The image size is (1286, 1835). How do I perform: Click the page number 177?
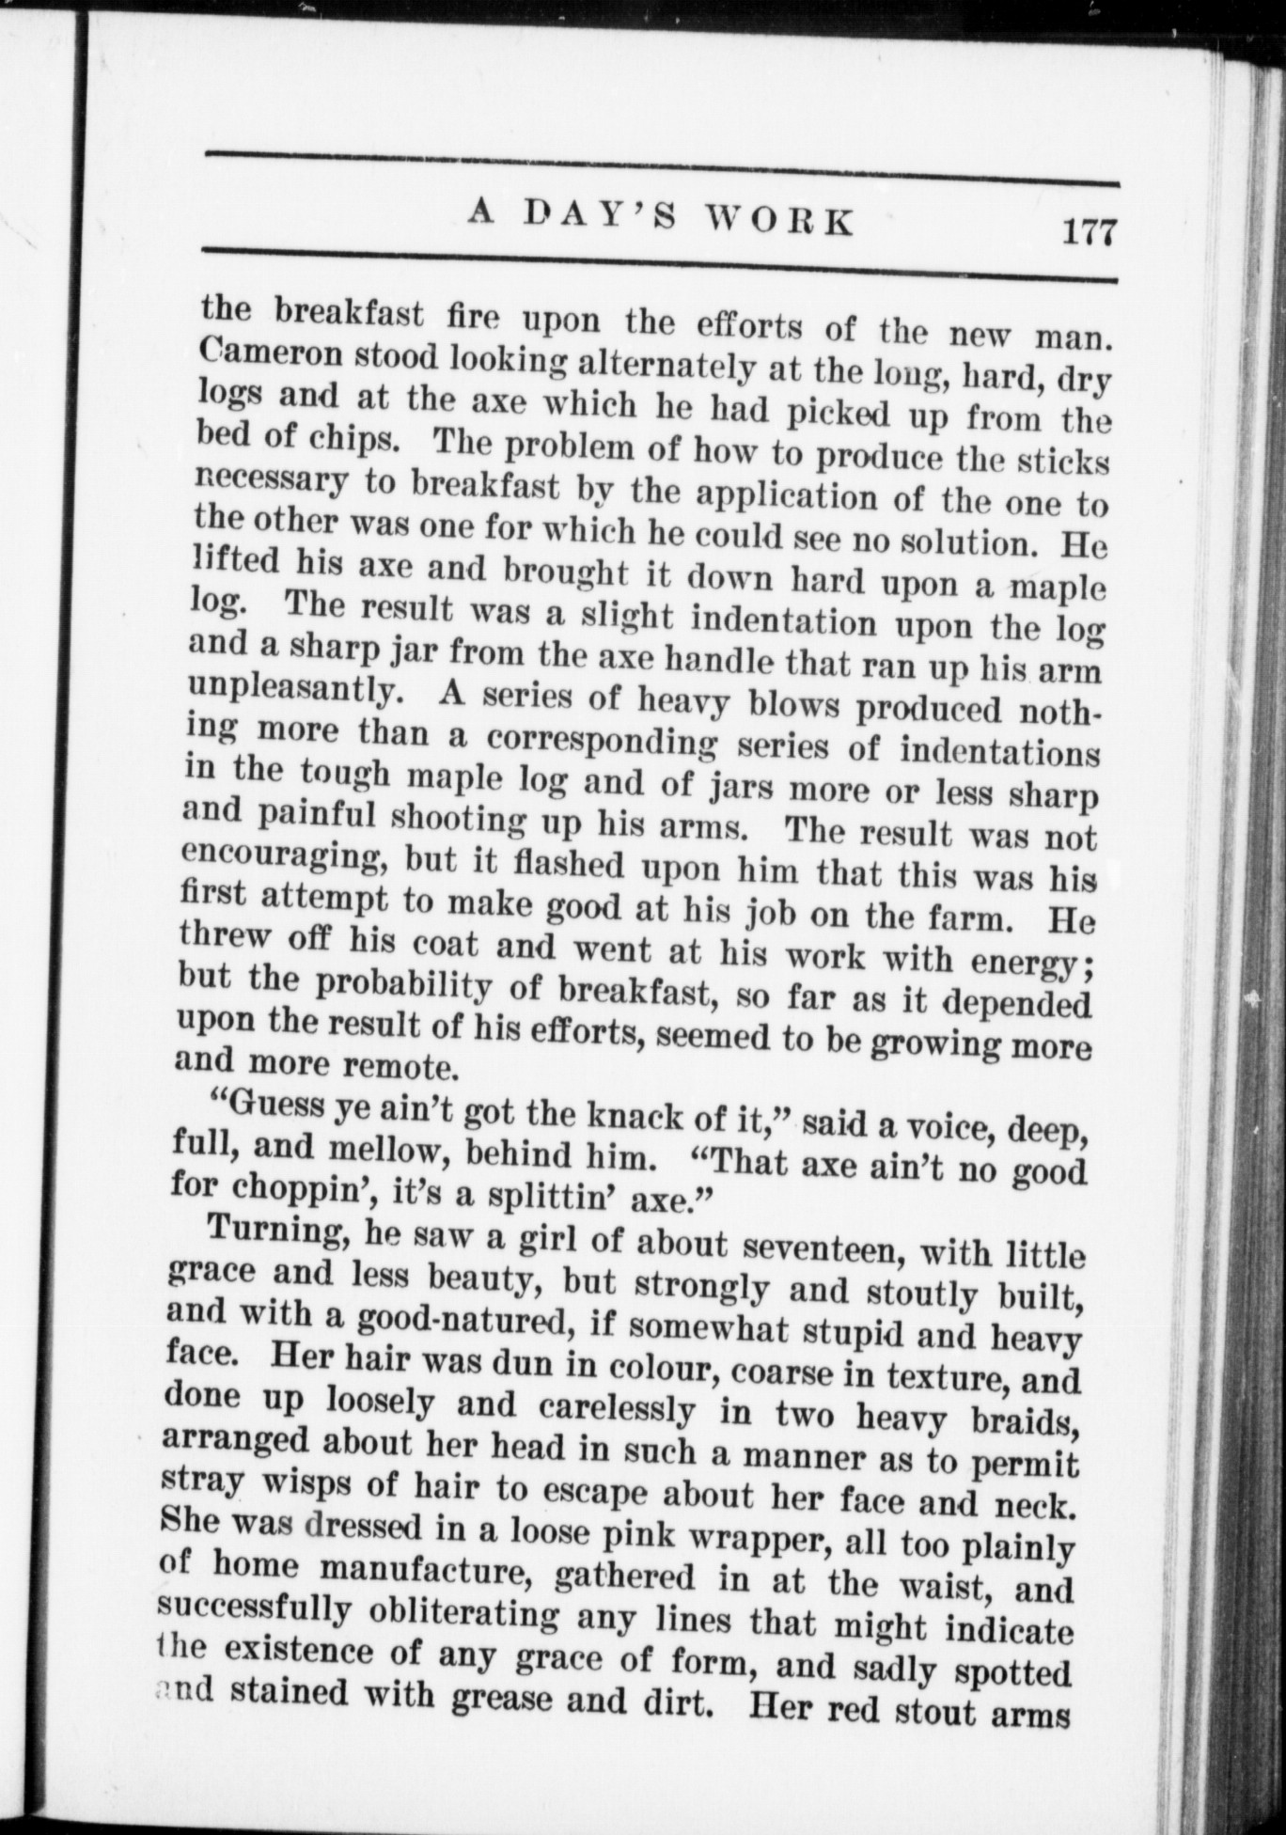pos(1086,230)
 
